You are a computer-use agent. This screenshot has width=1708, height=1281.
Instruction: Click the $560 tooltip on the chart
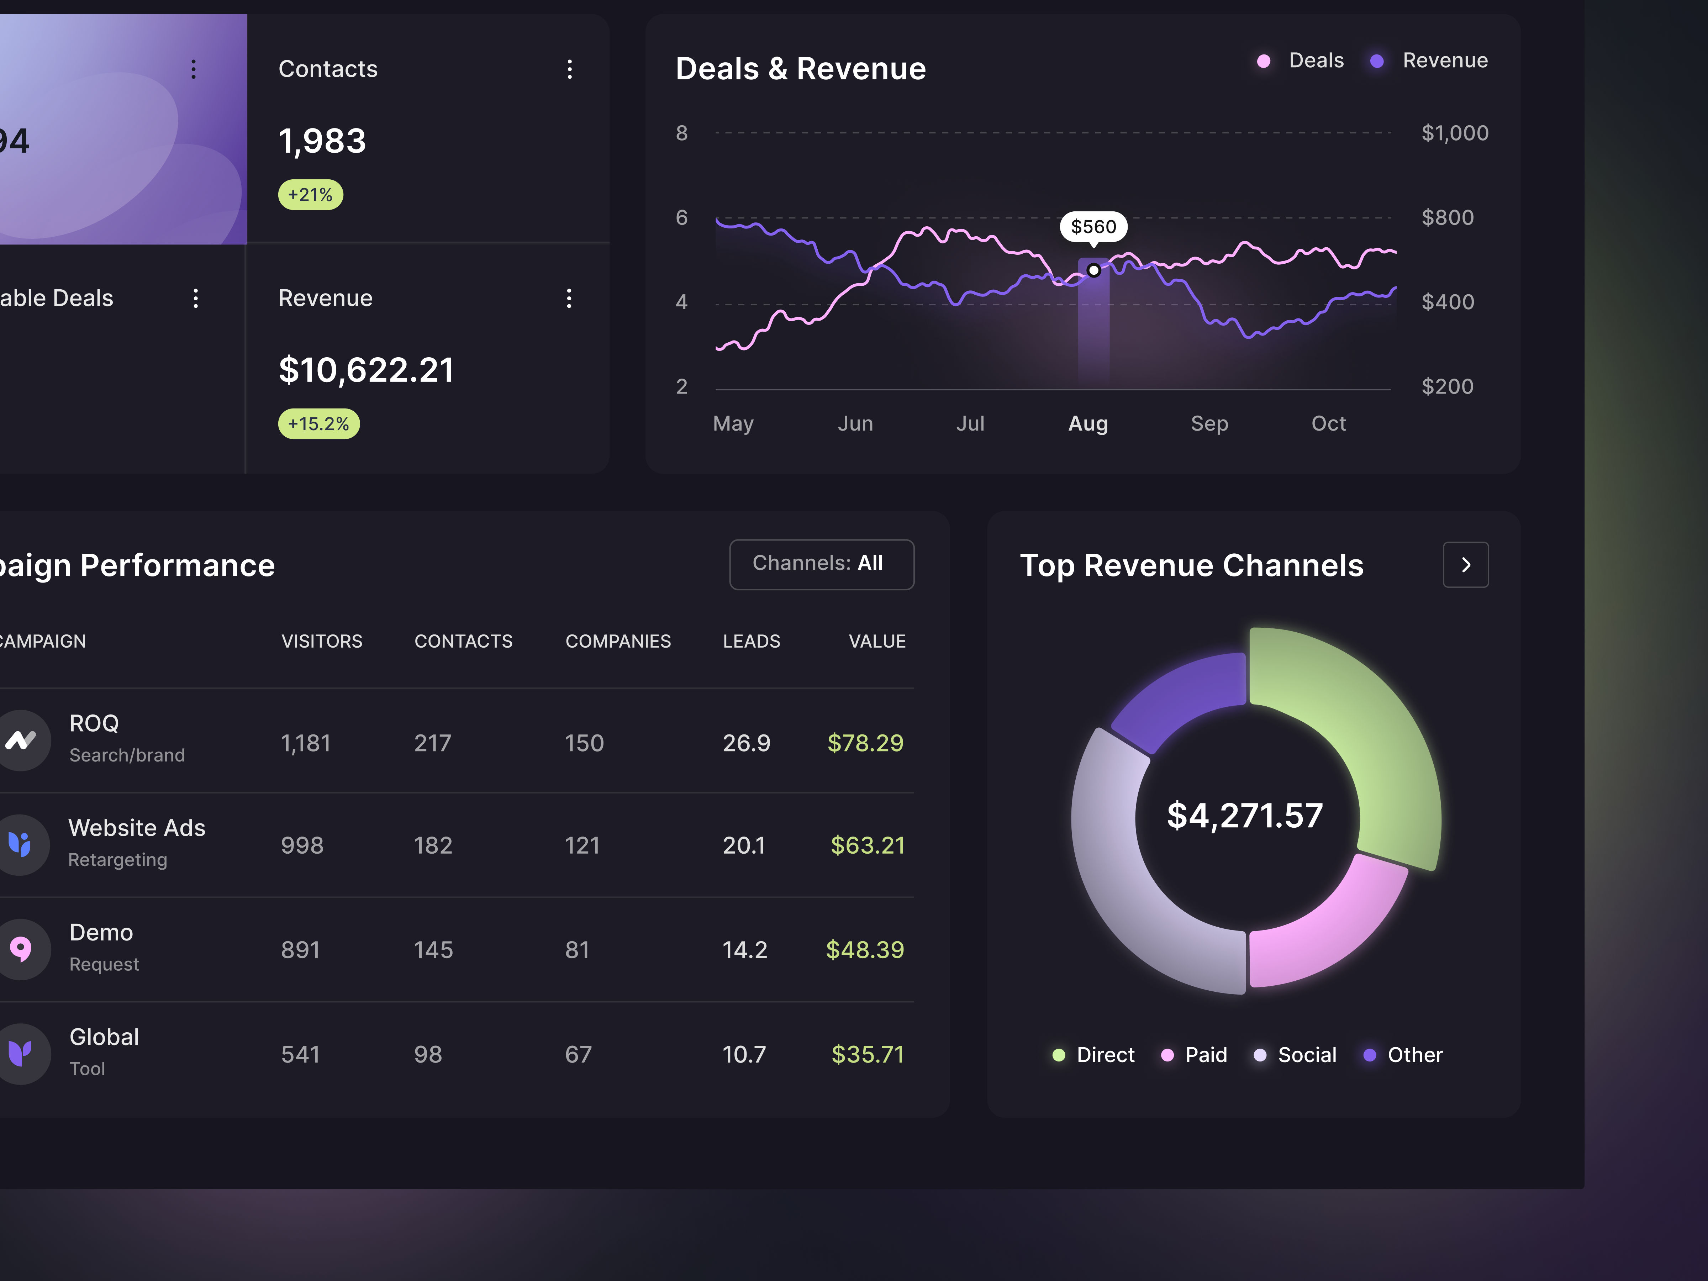click(x=1093, y=226)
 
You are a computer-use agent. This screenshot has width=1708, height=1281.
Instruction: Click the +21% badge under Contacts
click(x=310, y=195)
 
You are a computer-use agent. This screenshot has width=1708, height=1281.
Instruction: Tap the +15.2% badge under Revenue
click(x=318, y=424)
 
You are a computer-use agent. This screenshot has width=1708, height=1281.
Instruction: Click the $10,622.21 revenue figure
click(x=366, y=370)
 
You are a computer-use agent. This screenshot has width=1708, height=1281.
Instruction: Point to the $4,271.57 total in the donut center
click(x=1244, y=816)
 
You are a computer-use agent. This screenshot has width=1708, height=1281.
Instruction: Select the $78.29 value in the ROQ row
click(x=865, y=743)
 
